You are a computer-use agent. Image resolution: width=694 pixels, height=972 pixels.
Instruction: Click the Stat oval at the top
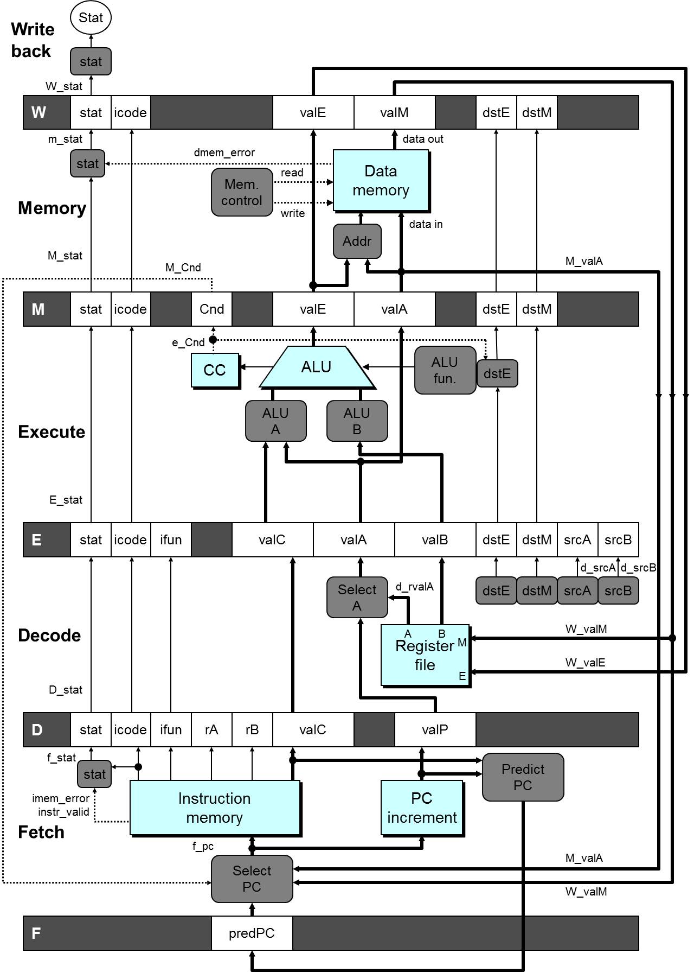(91, 18)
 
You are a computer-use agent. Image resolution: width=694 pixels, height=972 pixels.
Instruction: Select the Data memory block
(381, 181)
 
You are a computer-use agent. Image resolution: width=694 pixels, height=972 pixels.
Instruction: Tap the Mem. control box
(242, 193)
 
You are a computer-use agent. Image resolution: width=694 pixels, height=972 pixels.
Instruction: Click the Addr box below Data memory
(357, 242)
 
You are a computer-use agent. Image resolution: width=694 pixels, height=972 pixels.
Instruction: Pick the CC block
(215, 370)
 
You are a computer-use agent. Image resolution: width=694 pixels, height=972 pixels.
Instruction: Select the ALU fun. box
(445, 371)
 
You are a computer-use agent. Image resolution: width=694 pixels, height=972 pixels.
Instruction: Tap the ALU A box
(275, 421)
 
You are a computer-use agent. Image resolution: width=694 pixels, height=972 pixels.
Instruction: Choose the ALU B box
(357, 421)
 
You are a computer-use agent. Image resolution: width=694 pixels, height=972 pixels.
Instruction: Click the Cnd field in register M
(211, 309)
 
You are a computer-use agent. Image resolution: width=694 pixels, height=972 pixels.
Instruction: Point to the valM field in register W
(394, 113)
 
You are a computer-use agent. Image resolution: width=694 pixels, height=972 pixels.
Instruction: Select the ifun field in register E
(171, 540)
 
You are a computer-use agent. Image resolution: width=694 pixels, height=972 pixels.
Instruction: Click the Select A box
(357, 598)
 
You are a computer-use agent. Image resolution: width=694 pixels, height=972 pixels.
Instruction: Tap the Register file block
(425, 656)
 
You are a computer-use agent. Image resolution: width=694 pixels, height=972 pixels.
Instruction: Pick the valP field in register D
(435, 730)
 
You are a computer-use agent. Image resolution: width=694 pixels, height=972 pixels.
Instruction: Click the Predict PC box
(523, 777)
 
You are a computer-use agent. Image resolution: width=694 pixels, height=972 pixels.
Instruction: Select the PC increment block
(422, 808)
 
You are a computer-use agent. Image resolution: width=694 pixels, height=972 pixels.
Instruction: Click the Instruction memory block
(215, 808)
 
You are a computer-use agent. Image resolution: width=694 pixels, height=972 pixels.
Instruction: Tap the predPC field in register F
(252, 933)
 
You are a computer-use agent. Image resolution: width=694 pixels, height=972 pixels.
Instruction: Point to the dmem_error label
(224, 153)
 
